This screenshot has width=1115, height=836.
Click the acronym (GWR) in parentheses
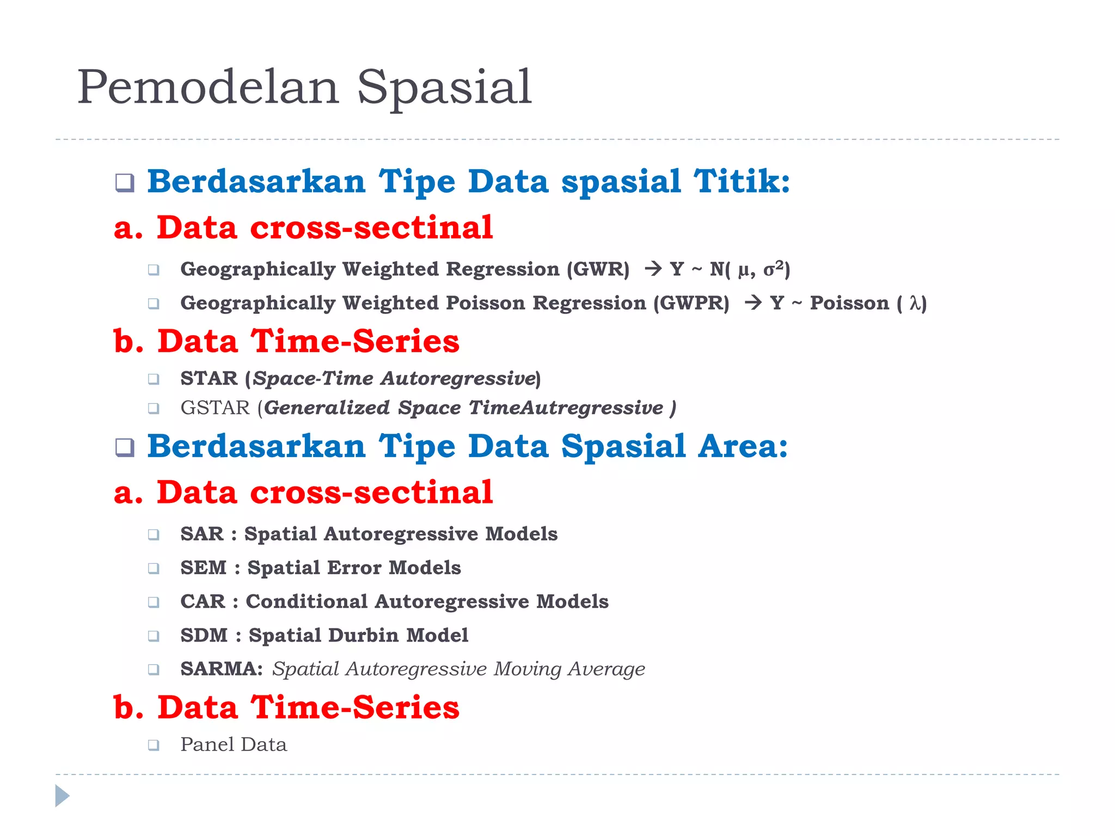(x=598, y=269)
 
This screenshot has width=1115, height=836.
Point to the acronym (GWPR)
(x=691, y=303)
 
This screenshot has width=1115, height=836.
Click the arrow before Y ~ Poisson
(x=753, y=302)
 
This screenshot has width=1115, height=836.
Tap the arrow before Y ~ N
(x=653, y=268)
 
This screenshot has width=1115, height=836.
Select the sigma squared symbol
(x=773, y=268)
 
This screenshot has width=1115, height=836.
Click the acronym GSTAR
(x=215, y=408)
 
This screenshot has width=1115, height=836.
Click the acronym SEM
(x=203, y=568)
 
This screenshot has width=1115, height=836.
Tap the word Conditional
(x=307, y=601)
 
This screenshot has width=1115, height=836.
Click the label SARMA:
(x=222, y=669)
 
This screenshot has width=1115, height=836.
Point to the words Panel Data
(x=233, y=745)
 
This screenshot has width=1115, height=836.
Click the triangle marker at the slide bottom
(x=62, y=796)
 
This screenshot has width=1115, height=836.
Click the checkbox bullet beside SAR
(x=154, y=534)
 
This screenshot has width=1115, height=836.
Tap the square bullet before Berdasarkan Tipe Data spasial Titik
(x=125, y=182)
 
